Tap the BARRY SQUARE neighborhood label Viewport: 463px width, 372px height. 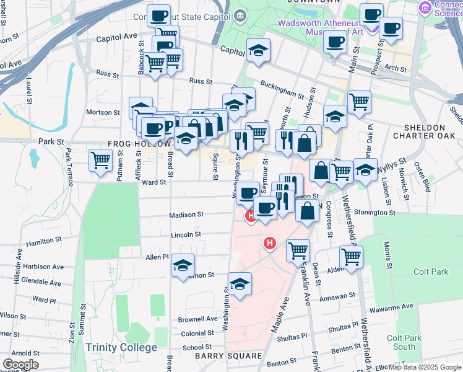[x=228, y=356]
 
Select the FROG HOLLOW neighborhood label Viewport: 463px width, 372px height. [x=139, y=143]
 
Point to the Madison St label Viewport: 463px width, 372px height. [x=186, y=215]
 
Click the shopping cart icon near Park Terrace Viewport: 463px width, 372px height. [x=100, y=160]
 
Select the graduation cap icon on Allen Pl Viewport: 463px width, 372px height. [x=183, y=265]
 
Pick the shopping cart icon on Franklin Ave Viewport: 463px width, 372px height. [x=298, y=250]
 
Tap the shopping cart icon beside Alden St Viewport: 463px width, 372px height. [x=351, y=257]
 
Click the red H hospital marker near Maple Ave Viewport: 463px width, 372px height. [x=269, y=244]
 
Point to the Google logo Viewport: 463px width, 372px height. [x=20, y=365]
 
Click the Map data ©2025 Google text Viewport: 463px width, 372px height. [x=425, y=367]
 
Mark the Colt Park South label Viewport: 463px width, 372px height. [x=400, y=342]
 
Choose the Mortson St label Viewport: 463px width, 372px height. [x=102, y=112]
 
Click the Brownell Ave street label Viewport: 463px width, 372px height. [x=198, y=319]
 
